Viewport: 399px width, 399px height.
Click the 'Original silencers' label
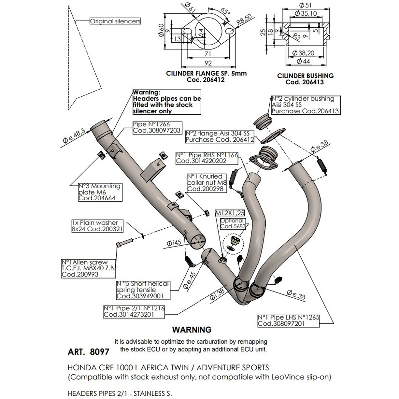point(115,21)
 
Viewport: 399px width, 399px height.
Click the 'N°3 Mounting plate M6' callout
point(100,192)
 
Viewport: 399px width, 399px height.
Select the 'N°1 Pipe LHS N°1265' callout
point(288,321)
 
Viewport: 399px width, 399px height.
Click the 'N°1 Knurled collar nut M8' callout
point(204,183)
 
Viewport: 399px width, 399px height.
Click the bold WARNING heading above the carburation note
point(192,330)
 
